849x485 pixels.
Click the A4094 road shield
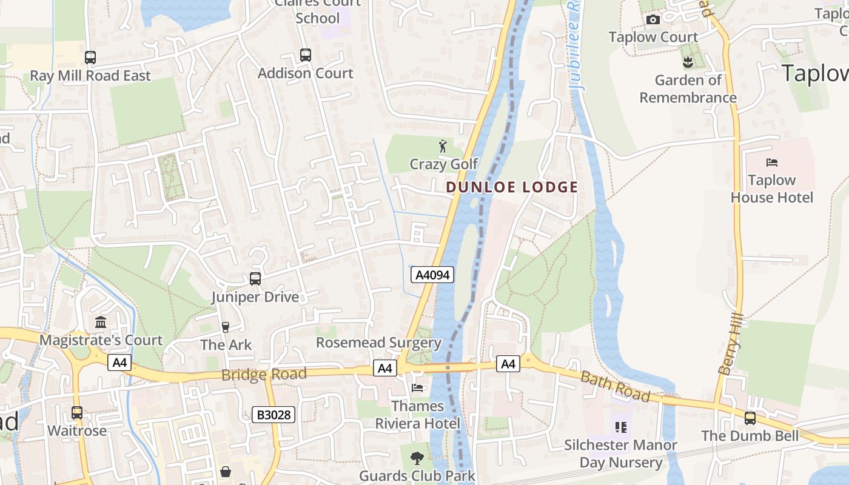pos(432,275)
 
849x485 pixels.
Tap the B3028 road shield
pos(273,415)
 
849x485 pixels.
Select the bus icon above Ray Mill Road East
pos(90,58)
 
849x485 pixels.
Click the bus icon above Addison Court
pos(306,55)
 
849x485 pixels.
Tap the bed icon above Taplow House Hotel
pos(772,162)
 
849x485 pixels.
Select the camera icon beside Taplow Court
pos(653,19)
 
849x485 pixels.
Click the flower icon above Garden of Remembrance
pos(688,62)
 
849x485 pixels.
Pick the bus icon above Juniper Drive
pos(255,279)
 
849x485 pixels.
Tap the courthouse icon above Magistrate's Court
pos(101,322)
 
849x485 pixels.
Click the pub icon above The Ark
pos(226,327)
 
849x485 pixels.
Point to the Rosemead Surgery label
pos(378,343)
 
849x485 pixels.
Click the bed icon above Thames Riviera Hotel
pos(417,387)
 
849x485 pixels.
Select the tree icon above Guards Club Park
pos(417,458)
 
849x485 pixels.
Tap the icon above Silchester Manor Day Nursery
pos(620,427)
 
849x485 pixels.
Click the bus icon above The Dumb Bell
pos(750,418)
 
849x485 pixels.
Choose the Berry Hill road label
pos(730,344)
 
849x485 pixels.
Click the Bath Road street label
pos(615,387)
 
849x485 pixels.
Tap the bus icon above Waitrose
pos(77,413)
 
